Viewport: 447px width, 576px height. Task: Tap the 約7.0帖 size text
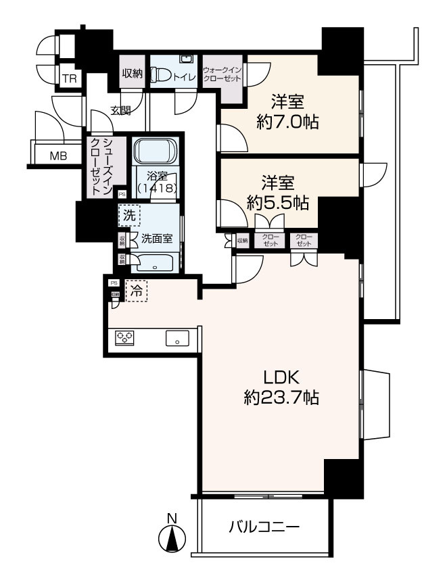(x=288, y=122)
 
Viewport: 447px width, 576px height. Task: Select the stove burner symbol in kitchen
(x=124, y=337)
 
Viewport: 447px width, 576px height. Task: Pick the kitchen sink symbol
(x=177, y=338)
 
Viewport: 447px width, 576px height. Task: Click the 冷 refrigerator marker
(x=136, y=291)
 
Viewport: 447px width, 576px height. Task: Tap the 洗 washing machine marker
(x=128, y=216)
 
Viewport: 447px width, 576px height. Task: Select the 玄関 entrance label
(x=122, y=110)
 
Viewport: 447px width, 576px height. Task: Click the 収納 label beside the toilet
(x=133, y=74)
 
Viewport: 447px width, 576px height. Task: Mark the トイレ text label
(x=185, y=77)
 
